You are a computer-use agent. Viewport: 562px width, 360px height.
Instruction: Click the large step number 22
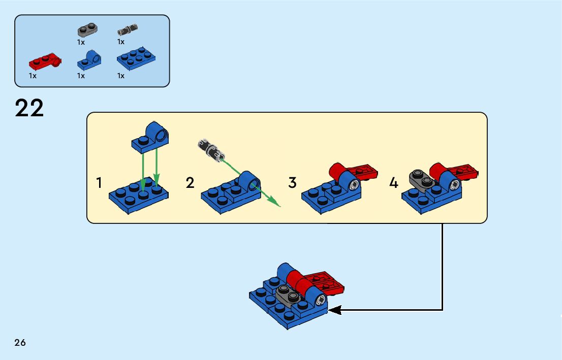click(x=29, y=108)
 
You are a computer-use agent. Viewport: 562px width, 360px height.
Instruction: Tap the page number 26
click(x=20, y=343)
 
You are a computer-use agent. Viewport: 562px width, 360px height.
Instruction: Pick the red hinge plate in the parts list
click(x=45, y=62)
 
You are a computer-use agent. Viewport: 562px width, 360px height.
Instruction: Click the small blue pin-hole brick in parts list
click(x=89, y=61)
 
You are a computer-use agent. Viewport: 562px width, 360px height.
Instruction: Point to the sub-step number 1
click(x=100, y=183)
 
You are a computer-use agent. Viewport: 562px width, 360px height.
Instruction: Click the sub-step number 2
click(x=190, y=183)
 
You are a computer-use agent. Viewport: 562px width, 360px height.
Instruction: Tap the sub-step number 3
click(x=292, y=183)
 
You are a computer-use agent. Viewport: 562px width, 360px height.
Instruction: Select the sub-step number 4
click(x=394, y=183)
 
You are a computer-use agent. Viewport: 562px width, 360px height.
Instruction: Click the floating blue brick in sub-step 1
click(x=151, y=137)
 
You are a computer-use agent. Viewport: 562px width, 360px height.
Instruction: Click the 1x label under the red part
click(x=33, y=76)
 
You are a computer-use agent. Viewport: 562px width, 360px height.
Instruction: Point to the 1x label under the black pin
click(x=121, y=42)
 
